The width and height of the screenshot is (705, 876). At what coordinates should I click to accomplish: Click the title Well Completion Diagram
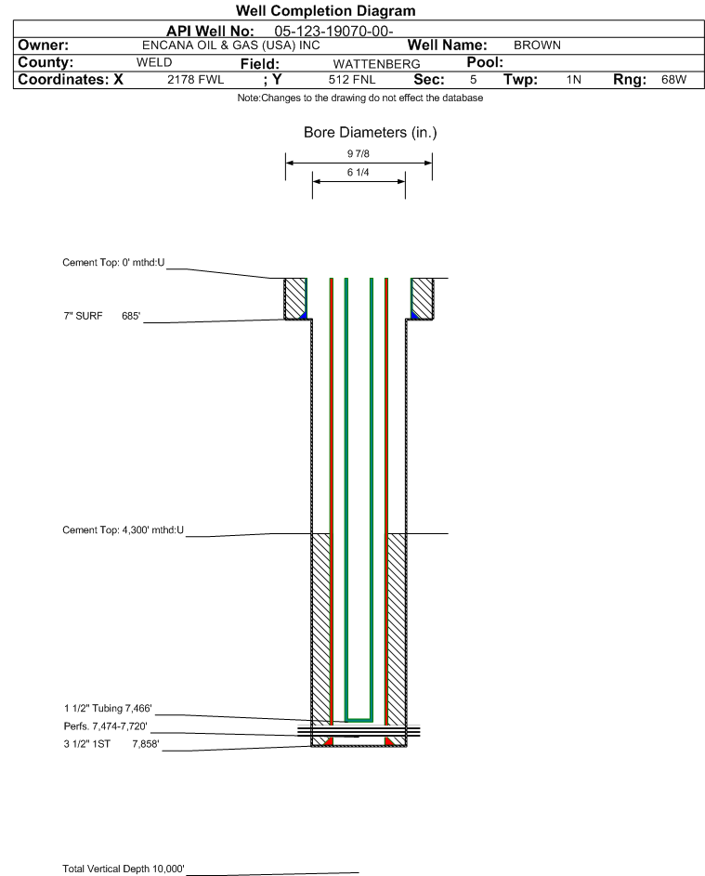326,10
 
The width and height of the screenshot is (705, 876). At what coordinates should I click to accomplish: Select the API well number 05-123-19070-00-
333,32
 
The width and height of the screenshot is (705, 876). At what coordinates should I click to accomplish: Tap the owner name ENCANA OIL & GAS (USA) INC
231,46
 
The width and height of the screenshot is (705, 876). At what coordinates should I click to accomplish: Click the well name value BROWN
537,46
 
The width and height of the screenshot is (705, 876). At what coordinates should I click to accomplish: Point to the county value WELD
154,62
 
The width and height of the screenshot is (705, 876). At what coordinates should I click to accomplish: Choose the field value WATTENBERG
376,64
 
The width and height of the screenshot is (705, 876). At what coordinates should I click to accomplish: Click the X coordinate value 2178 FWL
195,80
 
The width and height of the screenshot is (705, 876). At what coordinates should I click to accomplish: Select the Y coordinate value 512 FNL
352,80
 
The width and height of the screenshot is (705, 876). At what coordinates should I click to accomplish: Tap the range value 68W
673,80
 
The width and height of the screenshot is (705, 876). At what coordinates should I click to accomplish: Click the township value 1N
574,80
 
